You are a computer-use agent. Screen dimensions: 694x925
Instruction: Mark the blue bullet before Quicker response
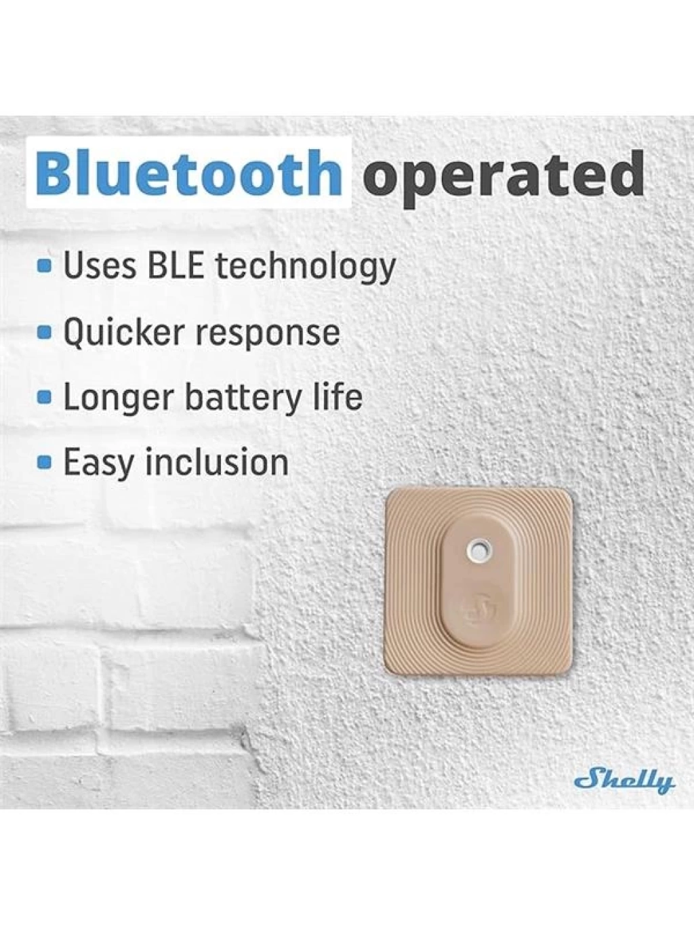pyautogui.click(x=45, y=334)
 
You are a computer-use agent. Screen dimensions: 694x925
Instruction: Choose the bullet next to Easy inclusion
pyautogui.click(x=45, y=462)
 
